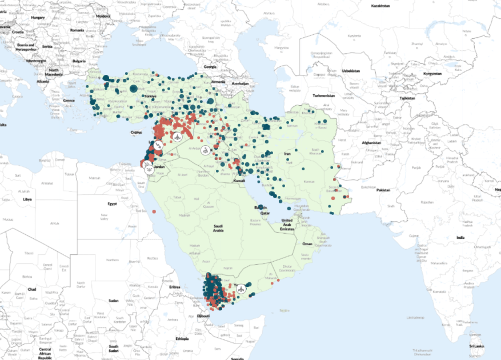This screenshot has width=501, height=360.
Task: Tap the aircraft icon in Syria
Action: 178,138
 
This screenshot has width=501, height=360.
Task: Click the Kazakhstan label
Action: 380,6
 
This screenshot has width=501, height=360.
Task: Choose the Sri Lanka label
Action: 476,346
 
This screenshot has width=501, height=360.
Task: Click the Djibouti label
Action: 202,315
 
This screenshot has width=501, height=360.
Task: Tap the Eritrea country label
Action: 175,286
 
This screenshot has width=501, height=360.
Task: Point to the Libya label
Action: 27,199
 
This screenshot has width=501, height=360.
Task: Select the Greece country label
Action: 69,101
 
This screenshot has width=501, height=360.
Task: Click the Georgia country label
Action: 210,67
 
